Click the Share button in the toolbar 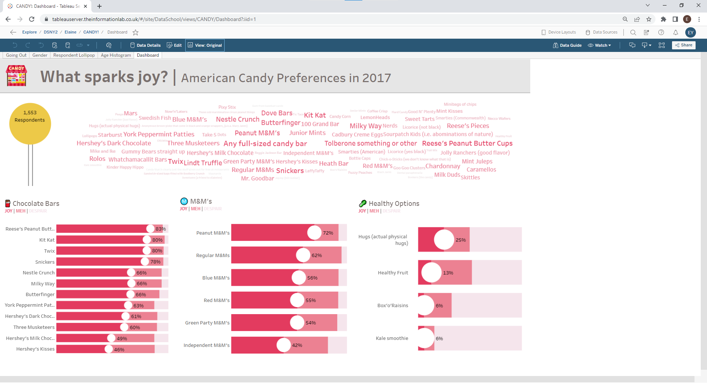click(684, 45)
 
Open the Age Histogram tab click(116, 55)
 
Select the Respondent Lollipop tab click(74, 55)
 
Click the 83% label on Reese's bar click(160, 229)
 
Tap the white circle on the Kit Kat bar click(147, 240)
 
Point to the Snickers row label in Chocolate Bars click(45, 262)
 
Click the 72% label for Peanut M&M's click(328, 233)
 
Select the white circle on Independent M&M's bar click(284, 345)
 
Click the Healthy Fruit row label click(393, 273)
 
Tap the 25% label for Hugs click(461, 240)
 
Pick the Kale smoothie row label click(392, 338)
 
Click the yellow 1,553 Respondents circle click(30, 123)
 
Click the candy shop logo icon click(17, 75)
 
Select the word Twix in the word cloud click(176, 161)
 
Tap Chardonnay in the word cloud click(443, 166)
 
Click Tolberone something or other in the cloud click(370, 143)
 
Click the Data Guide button click(567, 45)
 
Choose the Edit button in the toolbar click(174, 45)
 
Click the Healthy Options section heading click(394, 204)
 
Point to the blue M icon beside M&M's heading click(184, 201)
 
